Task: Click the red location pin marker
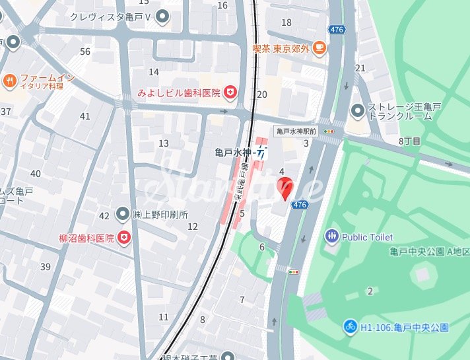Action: [x=284, y=188]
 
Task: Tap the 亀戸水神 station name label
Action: [x=234, y=153]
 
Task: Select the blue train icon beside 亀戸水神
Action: [x=262, y=153]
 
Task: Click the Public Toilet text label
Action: [x=367, y=236]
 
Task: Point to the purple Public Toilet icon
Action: [x=331, y=236]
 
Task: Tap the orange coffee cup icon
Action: [x=319, y=47]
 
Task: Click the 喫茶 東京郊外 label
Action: [x=282, y=48]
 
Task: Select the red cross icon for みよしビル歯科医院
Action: [x=230, y=92]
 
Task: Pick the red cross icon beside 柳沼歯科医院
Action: [x=123, y=237]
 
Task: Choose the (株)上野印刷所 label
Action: [x=160, y=214]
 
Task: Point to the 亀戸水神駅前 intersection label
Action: [x=296, y=131]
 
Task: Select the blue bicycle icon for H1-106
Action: [x=350, y=326]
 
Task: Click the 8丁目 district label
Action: [x=409, y=141]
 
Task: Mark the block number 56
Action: [x=85, y=52]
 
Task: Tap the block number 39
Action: [x=46, y=266]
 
